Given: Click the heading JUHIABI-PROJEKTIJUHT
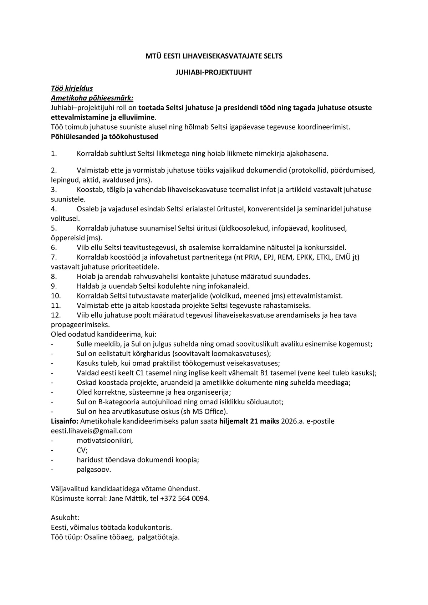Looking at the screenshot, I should coord(214,72).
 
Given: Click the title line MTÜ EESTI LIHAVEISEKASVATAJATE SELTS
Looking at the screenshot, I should coord(214,56).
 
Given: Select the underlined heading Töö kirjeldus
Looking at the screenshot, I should coord(72,88).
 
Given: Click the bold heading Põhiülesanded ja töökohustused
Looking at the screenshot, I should coord(105,137).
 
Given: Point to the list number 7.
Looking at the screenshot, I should coord(54,257).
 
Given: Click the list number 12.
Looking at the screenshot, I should coord(56,315).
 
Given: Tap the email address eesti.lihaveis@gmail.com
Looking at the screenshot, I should coord(92,431).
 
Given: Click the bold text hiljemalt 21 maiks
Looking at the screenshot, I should coord(249,421).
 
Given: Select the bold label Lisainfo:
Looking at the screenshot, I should coord(65,421).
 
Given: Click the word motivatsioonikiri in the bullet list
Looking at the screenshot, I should coord(105,440).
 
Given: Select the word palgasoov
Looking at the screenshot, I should coord(94,469).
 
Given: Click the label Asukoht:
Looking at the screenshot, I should coord(65,518).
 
